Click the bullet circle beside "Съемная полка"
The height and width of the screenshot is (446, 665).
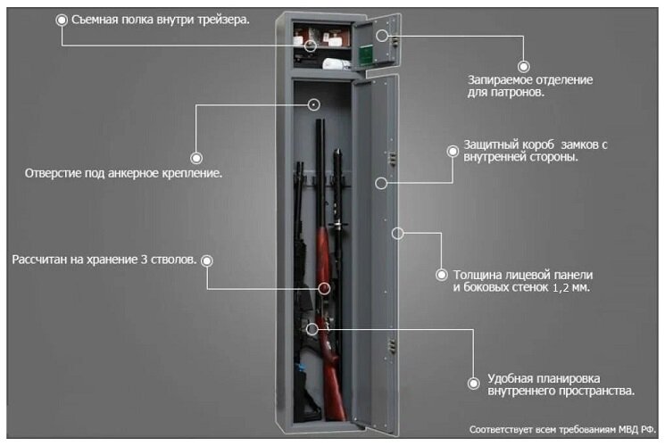(x=61, y=20)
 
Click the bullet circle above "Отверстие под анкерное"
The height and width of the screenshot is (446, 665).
(x=194, y=151)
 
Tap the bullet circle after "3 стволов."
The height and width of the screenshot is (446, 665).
(x=207, y=260)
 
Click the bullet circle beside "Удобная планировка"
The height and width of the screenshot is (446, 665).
(x=472, y=384)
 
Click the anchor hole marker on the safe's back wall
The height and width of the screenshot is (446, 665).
(x=314, y=104)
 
